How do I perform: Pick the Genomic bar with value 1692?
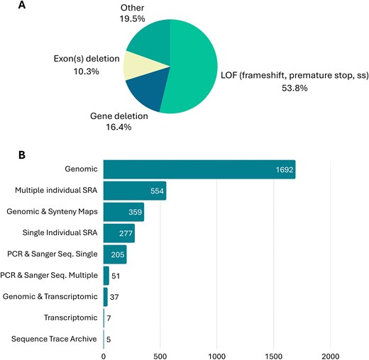pyautogui.click(x=199, y=170)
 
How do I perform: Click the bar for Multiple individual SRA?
pyautogui.click(x=134, y=191)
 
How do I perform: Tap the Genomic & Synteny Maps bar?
pyautogui.click(x=123, y=212)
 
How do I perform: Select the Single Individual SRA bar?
pyautogui.click(x=119, y=233)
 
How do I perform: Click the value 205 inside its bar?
pyautogui.click(x=116, y=254)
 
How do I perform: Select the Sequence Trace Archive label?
pyautogui.click(x=54, y=339)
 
